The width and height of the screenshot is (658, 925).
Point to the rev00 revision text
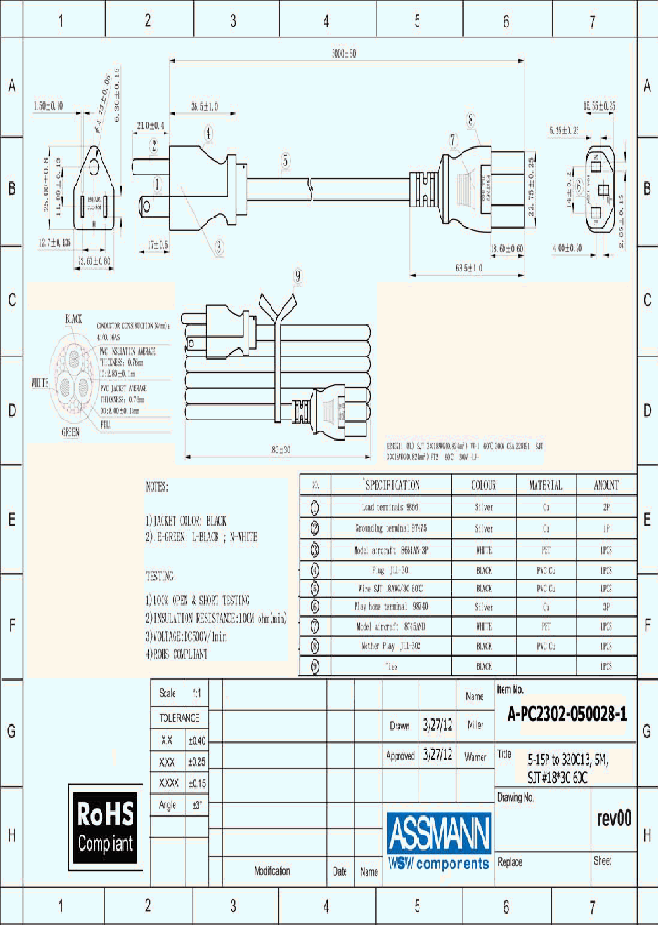click(x=612, y=819)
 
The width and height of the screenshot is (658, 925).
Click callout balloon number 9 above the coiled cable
click(x=297, y=276)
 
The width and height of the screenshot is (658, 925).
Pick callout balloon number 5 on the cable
click(x=285, y=161)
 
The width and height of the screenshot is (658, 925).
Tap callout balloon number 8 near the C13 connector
click(x=470, y=119)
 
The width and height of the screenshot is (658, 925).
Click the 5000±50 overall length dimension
click(x=344, y=54)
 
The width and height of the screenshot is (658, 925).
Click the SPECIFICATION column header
click(x=393, y=485)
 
